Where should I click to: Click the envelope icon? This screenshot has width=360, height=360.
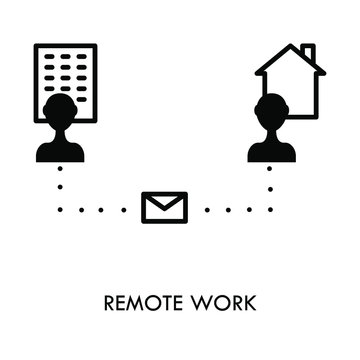tap(159, 208)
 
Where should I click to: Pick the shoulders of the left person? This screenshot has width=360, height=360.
tap(60, 150)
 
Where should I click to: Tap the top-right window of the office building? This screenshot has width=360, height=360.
tap(83, 52)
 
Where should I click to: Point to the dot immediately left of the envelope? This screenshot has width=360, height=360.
tap(126, 209)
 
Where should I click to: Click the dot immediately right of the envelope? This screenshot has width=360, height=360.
tap(192, 209)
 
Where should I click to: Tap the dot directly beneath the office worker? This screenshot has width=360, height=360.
tap(60, 169)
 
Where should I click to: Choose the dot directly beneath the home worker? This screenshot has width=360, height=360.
tap(269, 169)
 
